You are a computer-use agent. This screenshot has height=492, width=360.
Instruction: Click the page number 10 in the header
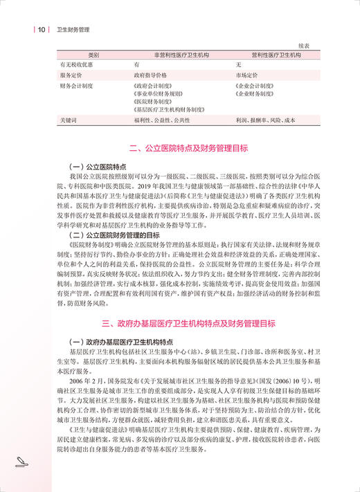(x=42, y=30)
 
